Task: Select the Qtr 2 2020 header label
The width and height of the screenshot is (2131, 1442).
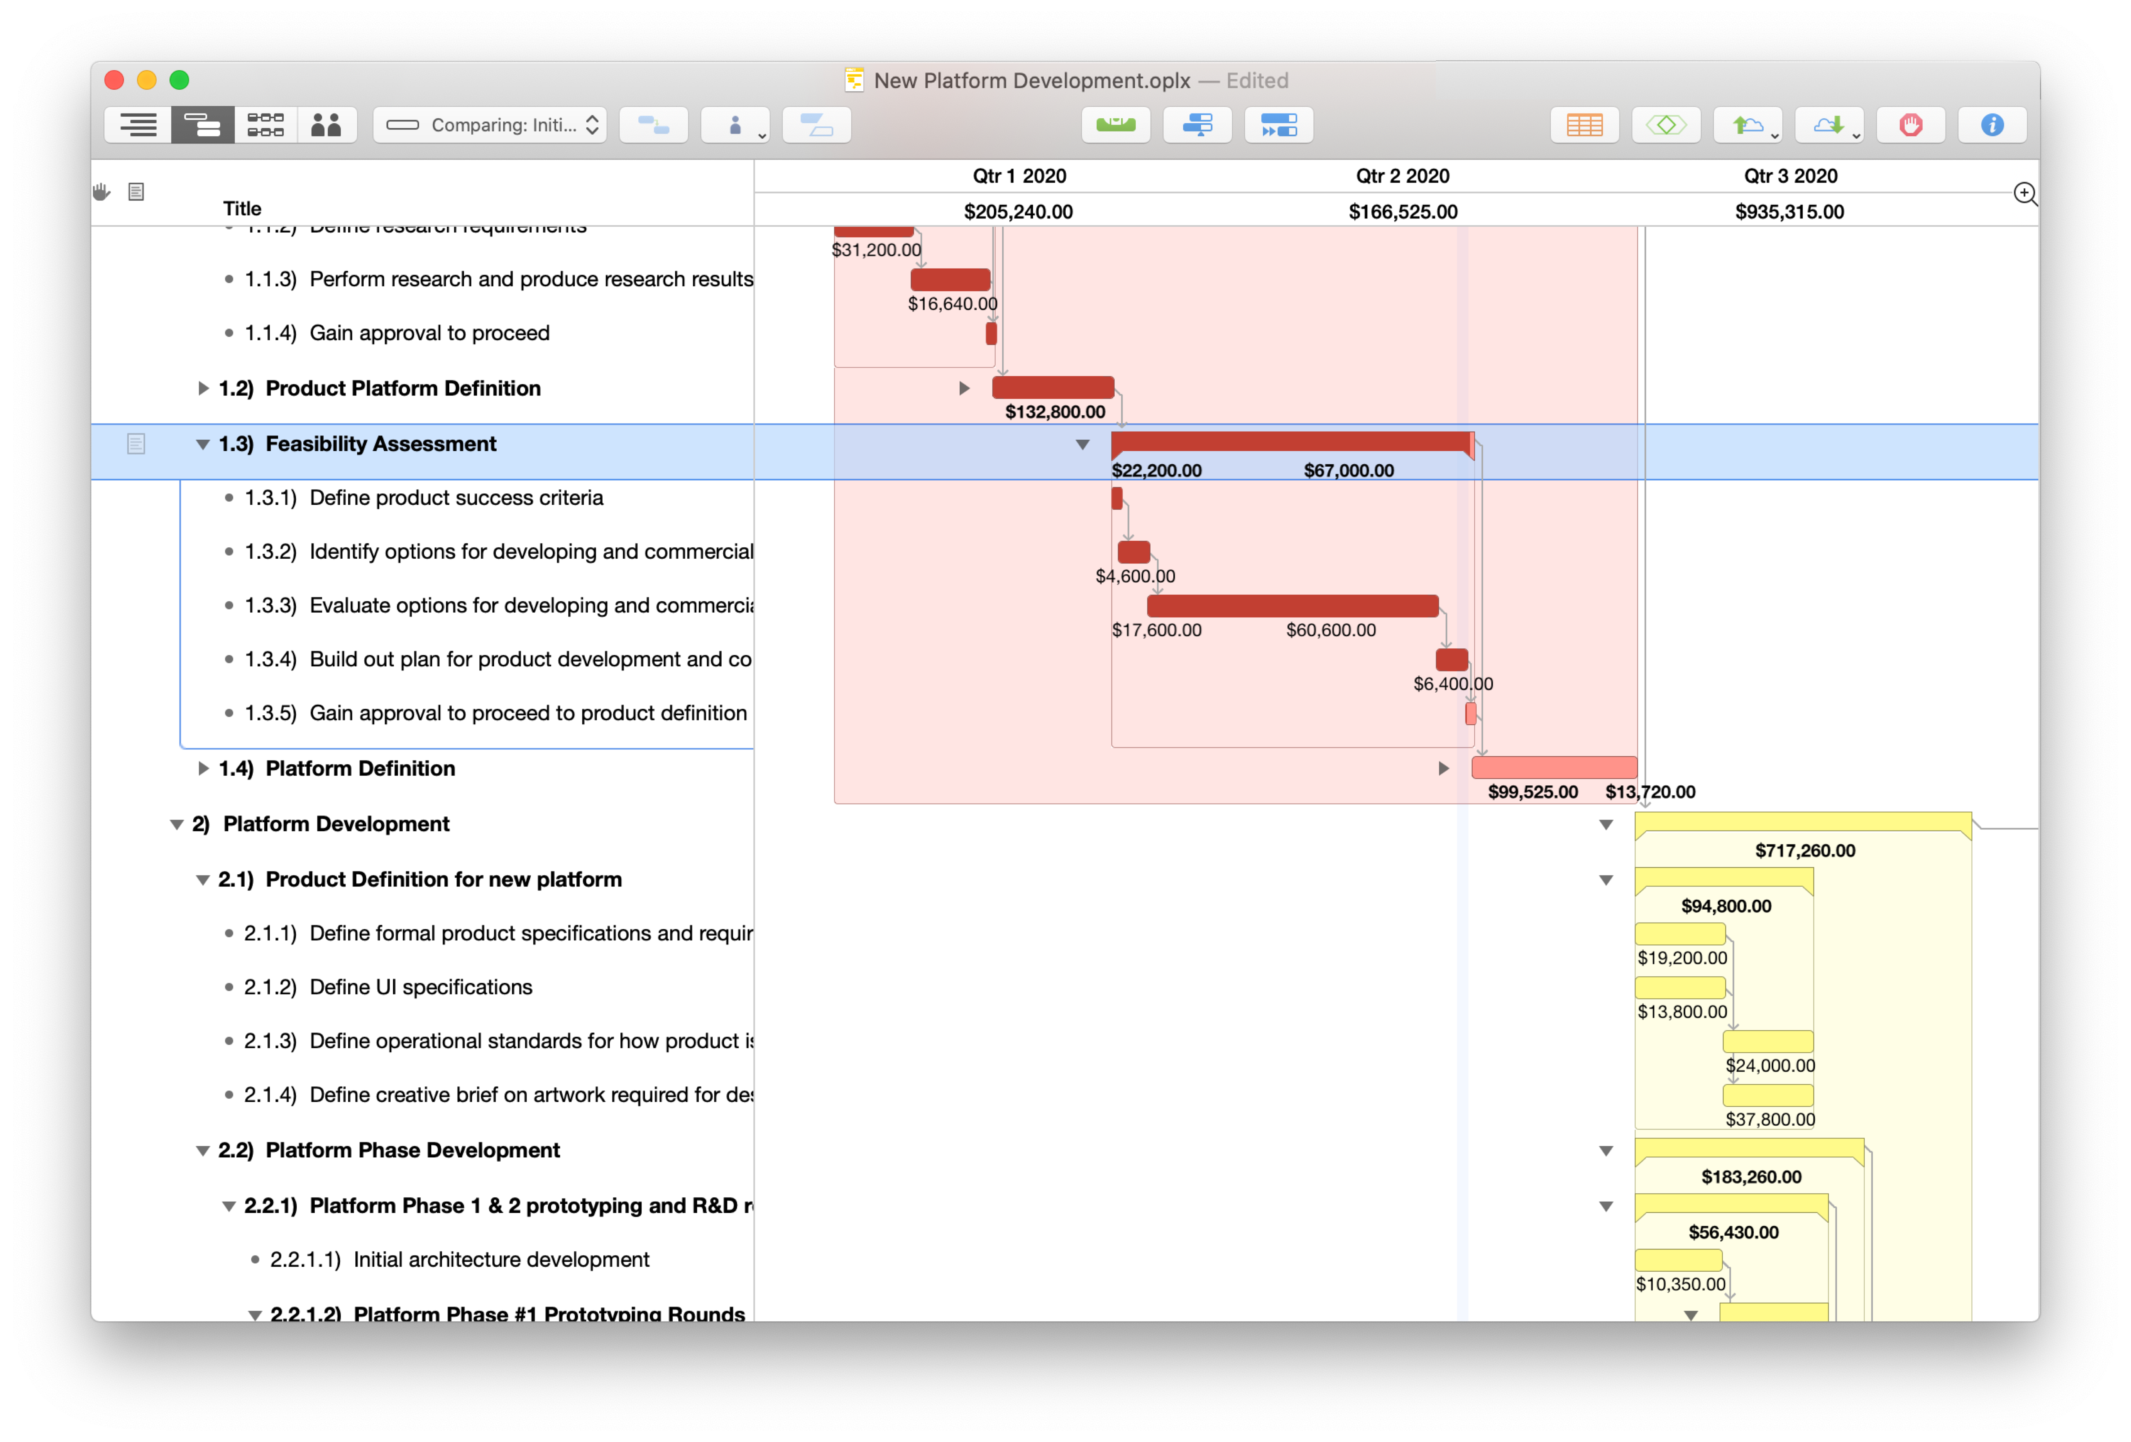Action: click(x=1402, y=176)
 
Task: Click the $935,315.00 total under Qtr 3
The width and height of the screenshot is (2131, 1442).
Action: click(x=1789, y=212)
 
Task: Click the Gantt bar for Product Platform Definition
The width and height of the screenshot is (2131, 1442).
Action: click(x=1053, y=387)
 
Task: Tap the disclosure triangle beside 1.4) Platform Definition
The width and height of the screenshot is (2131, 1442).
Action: click(x=203, y=769)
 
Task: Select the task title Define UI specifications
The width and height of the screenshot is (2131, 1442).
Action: click(x=421, y=987)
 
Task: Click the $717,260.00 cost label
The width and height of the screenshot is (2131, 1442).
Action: click(x=1805, y=850)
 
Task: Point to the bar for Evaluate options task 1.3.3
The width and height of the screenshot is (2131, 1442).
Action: click(x=1292, y=605)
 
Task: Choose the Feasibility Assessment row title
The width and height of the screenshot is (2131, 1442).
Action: click(x=380, y=444)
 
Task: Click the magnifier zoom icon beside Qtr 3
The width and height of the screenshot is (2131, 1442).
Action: click(x=2025, y=193)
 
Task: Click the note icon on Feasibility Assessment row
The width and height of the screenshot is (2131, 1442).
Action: click(x=136, y=444)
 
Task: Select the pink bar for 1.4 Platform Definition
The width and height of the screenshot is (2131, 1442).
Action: click(x=1553, y=768)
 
